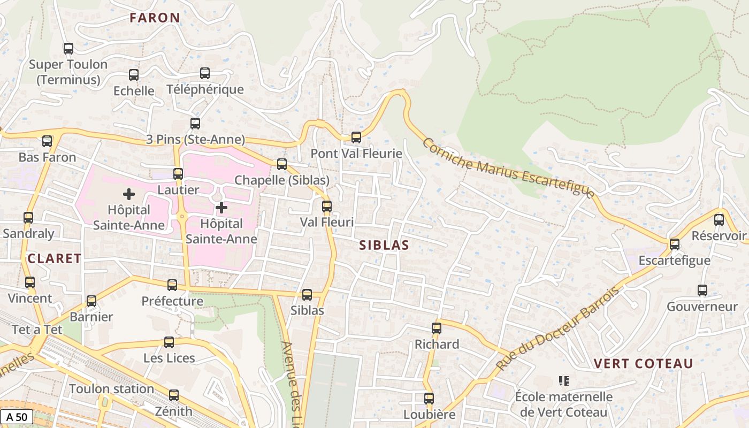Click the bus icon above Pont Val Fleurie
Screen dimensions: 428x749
[356, 137]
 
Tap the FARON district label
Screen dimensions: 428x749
[155, 18]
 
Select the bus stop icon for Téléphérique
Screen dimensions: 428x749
[205, 73]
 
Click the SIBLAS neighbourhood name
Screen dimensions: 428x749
[384, 245]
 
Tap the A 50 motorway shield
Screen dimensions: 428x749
[16, 417]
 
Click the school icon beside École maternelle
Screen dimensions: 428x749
[563, 381]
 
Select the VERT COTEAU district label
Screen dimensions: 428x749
[644, 364]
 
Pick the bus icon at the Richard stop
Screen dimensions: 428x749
[437, 328]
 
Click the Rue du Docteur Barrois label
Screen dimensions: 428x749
[557, 329]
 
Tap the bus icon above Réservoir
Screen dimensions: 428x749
[719, 219]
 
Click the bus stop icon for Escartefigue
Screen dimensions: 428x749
[675, 244]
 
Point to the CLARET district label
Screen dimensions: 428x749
[55, 258]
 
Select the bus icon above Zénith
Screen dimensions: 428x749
[173, 395]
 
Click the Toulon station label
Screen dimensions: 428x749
[111, 389]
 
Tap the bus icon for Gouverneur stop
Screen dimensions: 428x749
[702, 291]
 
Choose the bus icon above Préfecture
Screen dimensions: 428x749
[172, 285]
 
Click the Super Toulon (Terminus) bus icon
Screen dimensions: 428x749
[68, 48]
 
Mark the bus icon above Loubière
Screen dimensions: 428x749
[429, 399]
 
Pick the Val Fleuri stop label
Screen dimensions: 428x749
[326, 221]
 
